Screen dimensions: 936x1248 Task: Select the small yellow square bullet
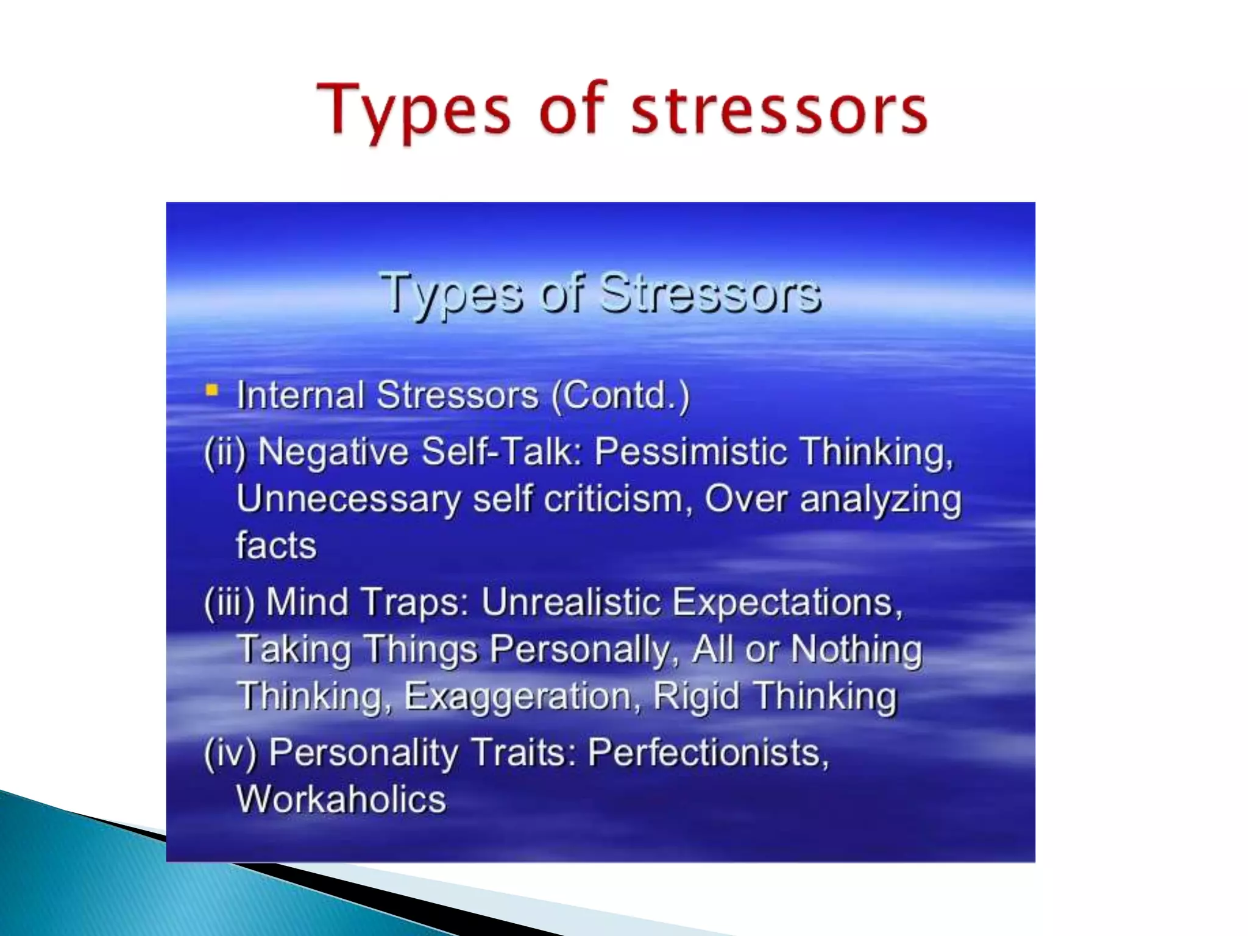tap(211, 390)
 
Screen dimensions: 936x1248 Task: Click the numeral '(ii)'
tap(225, 452)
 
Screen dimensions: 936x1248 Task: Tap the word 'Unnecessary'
tap(348, 500)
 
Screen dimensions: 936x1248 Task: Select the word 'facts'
tap(276, 545)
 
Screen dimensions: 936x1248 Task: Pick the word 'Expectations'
tap(786, 603)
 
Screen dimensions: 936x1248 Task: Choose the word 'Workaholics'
tap(341, 799)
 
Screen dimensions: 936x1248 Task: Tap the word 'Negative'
tap(333, 452)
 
